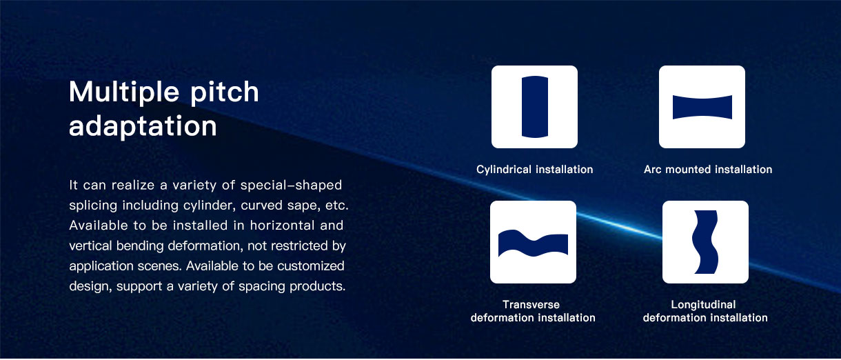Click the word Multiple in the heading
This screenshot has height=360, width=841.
124,92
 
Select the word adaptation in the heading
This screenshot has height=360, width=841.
143,126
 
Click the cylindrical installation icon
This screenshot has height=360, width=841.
535,107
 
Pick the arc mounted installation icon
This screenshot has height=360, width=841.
702,107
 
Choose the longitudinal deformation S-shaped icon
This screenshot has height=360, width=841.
705,242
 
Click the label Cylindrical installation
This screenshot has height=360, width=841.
535,170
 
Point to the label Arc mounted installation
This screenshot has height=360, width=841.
708,170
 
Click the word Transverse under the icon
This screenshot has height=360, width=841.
531,304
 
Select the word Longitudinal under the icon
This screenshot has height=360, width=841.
703,305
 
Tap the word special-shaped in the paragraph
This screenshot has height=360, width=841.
291,186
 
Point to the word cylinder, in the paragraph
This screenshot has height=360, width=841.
210,206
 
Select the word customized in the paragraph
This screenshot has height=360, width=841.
310,266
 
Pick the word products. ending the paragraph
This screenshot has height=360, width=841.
317,286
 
